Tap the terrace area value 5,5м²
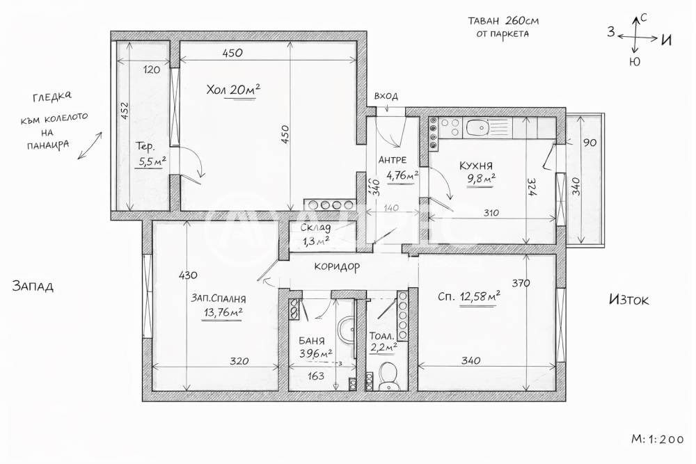151,161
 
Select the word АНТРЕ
393,160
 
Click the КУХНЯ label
476,166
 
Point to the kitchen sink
479,127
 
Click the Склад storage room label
315,228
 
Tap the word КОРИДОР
337,266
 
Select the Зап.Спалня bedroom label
219,298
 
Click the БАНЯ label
311,342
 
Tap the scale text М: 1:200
657,439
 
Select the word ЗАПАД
33,286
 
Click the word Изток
628,300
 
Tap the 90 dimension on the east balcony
589,143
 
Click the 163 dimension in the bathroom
317,376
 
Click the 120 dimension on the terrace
152,70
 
